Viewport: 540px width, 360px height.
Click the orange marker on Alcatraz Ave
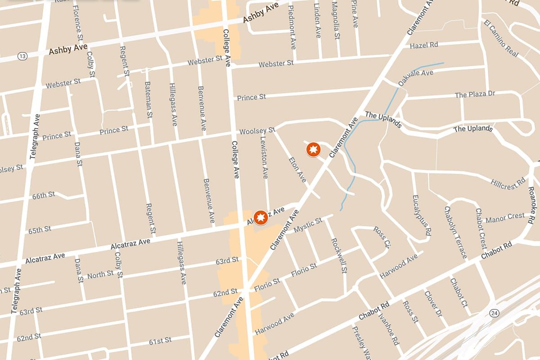pos(260,218)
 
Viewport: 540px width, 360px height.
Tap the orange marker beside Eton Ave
pos(313,149)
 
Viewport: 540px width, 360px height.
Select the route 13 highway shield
pos(22,56)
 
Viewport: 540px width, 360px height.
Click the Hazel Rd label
pos(423,45)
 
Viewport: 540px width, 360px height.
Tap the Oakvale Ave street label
pos(415,77)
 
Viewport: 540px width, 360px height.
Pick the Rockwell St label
pos(339,255)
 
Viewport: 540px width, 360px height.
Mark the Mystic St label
pos(308,225)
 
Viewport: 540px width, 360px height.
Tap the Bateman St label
pos(148,100)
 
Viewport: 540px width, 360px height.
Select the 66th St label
pos(43,195)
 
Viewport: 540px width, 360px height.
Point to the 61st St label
pos(160,341)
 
